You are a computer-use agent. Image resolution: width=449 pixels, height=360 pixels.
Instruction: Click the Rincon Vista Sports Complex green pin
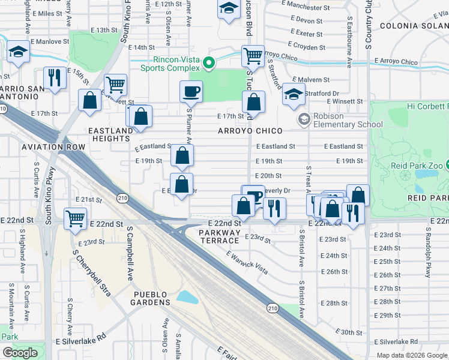pos(209,62)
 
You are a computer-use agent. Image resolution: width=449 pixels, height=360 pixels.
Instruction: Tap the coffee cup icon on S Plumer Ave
pos(191,92)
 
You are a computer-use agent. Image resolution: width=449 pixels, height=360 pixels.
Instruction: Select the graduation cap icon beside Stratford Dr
pos(294,94)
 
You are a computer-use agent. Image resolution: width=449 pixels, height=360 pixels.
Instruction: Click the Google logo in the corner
pos(20,353)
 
